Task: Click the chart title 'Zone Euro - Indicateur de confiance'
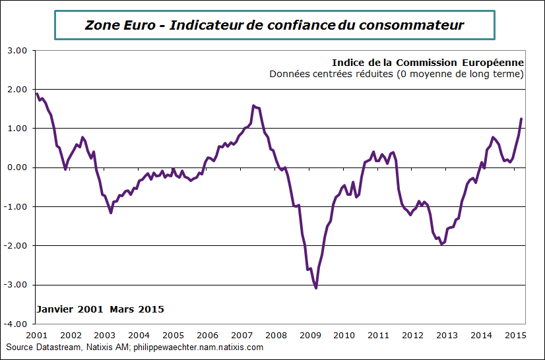tap(274, 26)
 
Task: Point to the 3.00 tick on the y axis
tap(16, 50)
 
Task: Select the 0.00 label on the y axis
tap(16, 167)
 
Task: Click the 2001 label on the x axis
tap(36, 335)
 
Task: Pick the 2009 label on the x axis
tap(310, 335)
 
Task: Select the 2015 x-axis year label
tap(515, 335)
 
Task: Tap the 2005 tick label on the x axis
tap(173, 335)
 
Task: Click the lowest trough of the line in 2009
tap(316, 287)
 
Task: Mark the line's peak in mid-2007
tap(253, 105)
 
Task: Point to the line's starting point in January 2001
tap(37, 94)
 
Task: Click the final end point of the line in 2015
tap(521, 119)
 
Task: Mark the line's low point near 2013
tap(441, 243)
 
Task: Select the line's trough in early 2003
tap(111, 212)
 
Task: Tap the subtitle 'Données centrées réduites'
tap(330, 74)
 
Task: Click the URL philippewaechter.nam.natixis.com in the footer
tap(198, 347)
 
